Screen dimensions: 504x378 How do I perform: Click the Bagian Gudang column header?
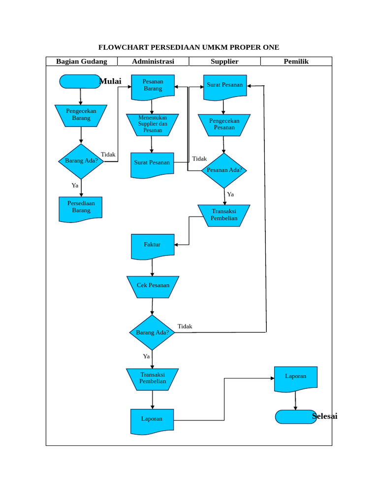point(82,62)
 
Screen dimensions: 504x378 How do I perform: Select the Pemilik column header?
point(296,62)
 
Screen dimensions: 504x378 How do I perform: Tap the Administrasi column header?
point(153,62)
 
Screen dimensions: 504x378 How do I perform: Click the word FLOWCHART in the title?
point(123,47)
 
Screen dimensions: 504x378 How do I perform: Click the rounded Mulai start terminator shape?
point(80,82)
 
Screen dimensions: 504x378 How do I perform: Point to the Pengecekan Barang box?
point(81,115)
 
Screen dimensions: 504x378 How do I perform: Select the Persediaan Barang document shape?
point(81,208)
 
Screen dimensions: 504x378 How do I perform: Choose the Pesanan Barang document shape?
point(153,86)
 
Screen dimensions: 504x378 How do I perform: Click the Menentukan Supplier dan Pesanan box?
point(153,125)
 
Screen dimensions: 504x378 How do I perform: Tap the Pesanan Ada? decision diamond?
point(224,170)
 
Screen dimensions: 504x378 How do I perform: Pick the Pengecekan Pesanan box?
point(224,125)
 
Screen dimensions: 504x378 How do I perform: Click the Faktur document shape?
point(152,246)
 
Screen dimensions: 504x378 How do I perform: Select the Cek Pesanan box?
point(153,286)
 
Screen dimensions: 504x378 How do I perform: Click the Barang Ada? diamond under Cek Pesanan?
point(152,333)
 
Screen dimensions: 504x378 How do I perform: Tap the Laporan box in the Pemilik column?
point(295,378)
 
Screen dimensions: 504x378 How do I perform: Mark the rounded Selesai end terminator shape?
point(295,417)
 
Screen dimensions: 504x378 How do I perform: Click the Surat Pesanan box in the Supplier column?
point(225,86)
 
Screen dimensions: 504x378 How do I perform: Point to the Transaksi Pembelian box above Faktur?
point(224,215)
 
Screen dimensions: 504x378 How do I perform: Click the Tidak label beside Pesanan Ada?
point(199,159)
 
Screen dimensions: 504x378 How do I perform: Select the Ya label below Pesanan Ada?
point(230,194)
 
